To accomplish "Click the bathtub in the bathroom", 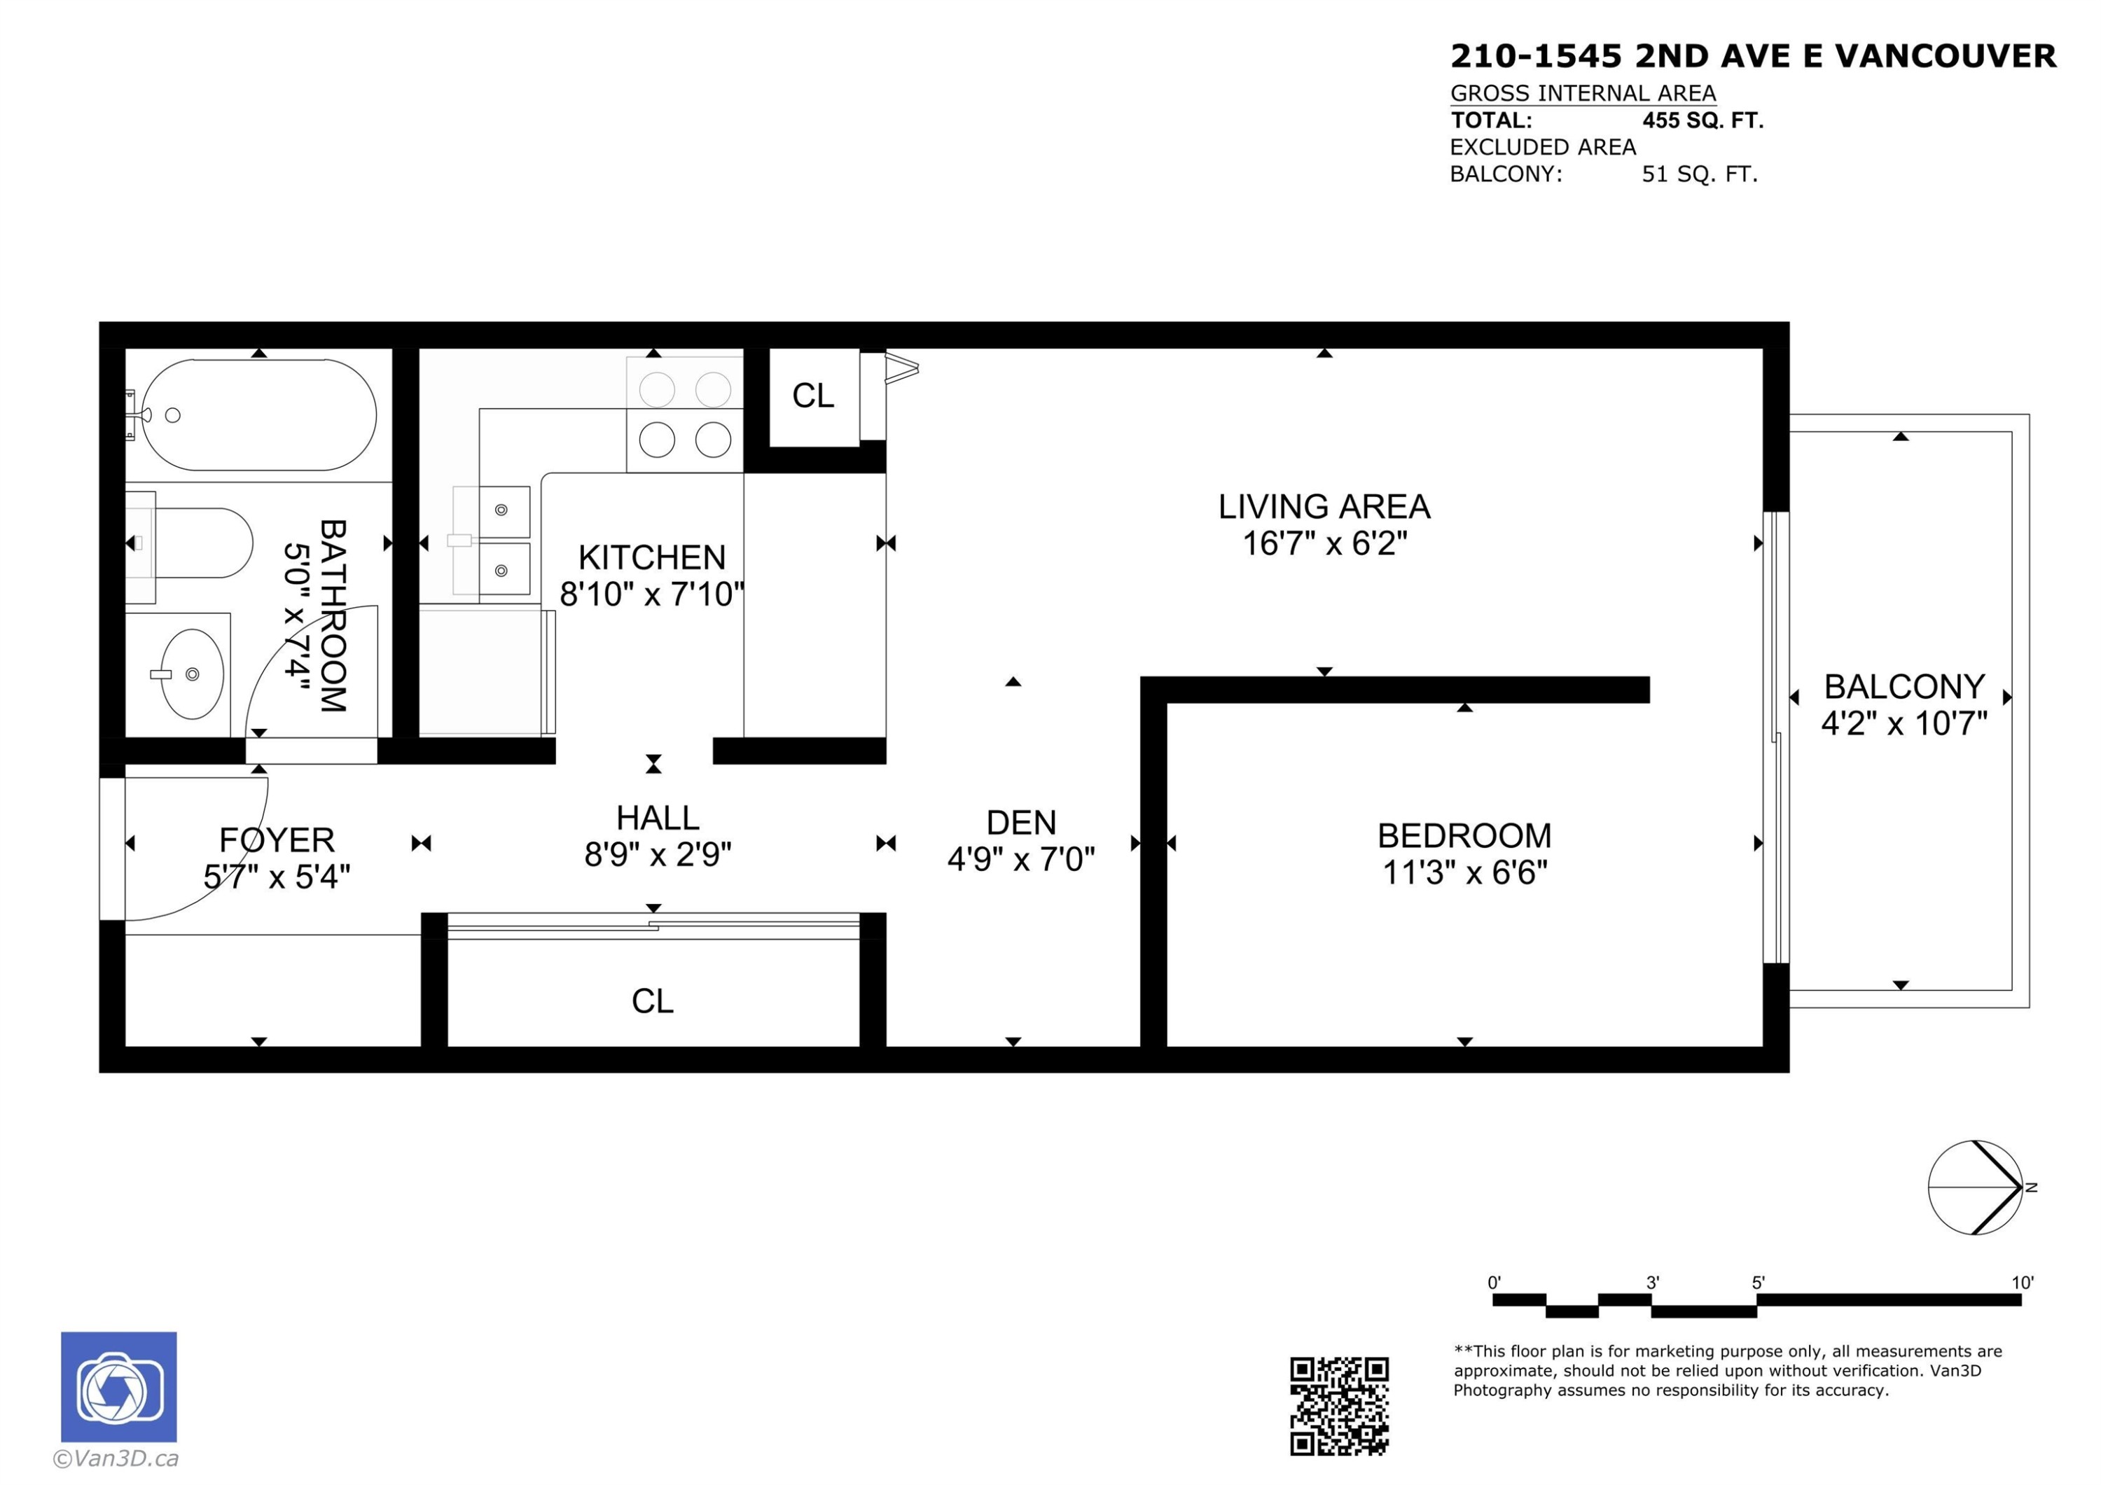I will click(259, 414).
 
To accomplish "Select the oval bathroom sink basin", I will click(192, 674).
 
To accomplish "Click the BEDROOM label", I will click(1464, 835).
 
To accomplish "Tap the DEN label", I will click(1021, 823).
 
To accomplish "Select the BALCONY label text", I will click(1904, 686).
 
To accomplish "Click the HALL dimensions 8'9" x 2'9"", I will click(657, 855).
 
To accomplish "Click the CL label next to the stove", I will click(812, 396).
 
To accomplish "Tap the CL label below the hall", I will click(653, 1001).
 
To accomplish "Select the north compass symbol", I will click(1976, 1187).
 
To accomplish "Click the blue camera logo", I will click(119, 1387).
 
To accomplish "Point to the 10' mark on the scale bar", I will click(2021, 1283).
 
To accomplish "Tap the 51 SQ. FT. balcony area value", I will click(1699, 174).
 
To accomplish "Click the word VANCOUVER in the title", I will click(1946, 57).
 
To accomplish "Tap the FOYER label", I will click(277, 840).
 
